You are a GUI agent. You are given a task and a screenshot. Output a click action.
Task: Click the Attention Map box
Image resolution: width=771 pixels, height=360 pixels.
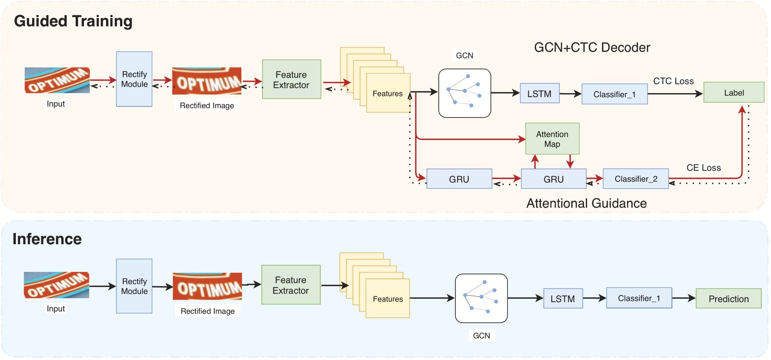pos(552,139)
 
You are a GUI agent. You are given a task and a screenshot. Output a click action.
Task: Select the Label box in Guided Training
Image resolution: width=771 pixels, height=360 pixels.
pos(734,92)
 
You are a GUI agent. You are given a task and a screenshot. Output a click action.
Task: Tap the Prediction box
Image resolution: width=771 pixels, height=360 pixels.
pos(728,298)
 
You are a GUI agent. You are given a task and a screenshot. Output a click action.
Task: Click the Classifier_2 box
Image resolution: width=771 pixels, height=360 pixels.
pos(635,179)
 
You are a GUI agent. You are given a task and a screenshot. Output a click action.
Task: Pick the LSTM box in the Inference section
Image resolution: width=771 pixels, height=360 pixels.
pos(563,298)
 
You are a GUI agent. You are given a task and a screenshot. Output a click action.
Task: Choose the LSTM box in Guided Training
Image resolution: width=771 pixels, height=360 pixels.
pos(540,93)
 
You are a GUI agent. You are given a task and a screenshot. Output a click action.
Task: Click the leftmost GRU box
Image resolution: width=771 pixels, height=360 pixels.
pos(459,179)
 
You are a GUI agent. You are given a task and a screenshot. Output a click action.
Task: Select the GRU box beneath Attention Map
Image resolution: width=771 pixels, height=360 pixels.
pos(553,179)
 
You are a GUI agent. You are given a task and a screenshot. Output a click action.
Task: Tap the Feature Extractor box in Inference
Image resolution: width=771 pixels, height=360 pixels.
pos(291,285)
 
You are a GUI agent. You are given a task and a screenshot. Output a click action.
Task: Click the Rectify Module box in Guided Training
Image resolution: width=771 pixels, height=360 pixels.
pos(134,79)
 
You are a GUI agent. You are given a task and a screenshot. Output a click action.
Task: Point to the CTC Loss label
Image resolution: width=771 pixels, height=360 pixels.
pos(673,81)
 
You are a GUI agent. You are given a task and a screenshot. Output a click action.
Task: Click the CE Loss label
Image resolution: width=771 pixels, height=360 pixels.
pos(703,168)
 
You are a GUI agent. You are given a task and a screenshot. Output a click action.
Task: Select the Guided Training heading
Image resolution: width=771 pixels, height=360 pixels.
pos(73,21)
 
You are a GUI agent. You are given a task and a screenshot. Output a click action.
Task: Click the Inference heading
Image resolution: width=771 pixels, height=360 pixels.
pos(47,239)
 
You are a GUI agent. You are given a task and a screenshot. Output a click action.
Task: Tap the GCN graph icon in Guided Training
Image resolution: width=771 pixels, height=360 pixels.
pos(464,93)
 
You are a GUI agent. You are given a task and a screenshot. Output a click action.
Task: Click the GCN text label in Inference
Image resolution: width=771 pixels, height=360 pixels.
pos(481,335)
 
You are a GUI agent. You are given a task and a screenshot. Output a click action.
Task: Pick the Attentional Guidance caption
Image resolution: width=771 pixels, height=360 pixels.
pos(586,203)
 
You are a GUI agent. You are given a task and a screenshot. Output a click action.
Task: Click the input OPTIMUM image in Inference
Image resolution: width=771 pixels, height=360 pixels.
pos(56,285)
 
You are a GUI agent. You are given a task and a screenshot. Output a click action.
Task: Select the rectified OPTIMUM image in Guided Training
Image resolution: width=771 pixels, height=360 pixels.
pos(207,81)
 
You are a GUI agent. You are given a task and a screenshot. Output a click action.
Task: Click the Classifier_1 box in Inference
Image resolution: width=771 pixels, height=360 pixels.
pos(639,298)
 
